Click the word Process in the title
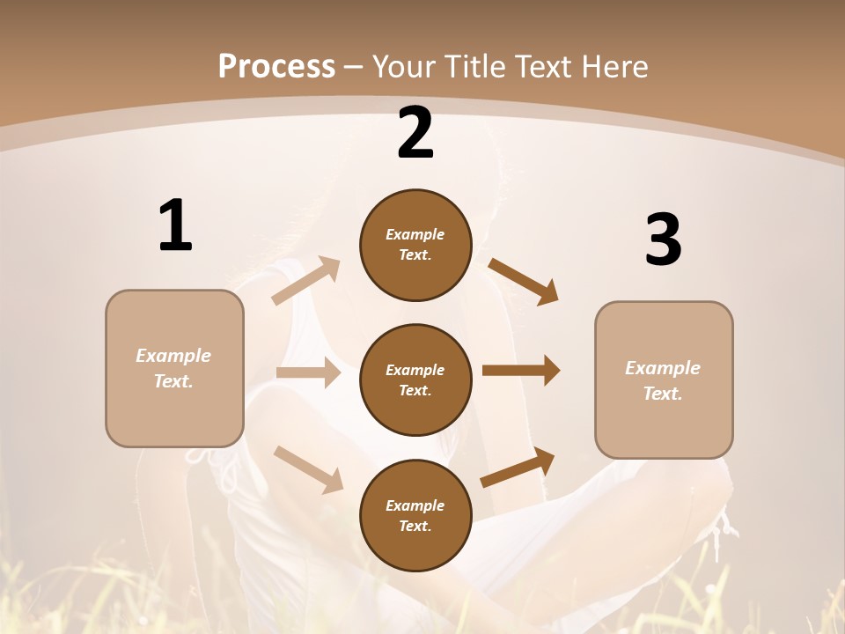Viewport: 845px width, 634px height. click(276, 66)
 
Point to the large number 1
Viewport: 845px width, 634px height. click(175, 226)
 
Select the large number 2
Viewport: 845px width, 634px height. click(415, 133)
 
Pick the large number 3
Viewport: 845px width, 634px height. click(663, 240)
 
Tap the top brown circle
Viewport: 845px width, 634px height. click(415, 245)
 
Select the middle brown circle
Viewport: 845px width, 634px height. click(415, 380)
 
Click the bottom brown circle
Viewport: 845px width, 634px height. click(415, 515)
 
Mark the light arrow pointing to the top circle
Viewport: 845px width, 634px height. click(306, 280)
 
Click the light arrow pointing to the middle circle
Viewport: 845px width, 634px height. click(308, 372)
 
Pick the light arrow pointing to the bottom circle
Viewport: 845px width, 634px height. click(308, 468)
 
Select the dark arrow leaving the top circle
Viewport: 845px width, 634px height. click(524, 281)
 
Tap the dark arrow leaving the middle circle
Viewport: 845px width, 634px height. click(521, 371)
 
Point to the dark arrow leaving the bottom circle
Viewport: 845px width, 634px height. click(518, 468)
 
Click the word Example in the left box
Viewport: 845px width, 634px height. click(173, 356)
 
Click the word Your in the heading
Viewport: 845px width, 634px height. click(404, 66)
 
